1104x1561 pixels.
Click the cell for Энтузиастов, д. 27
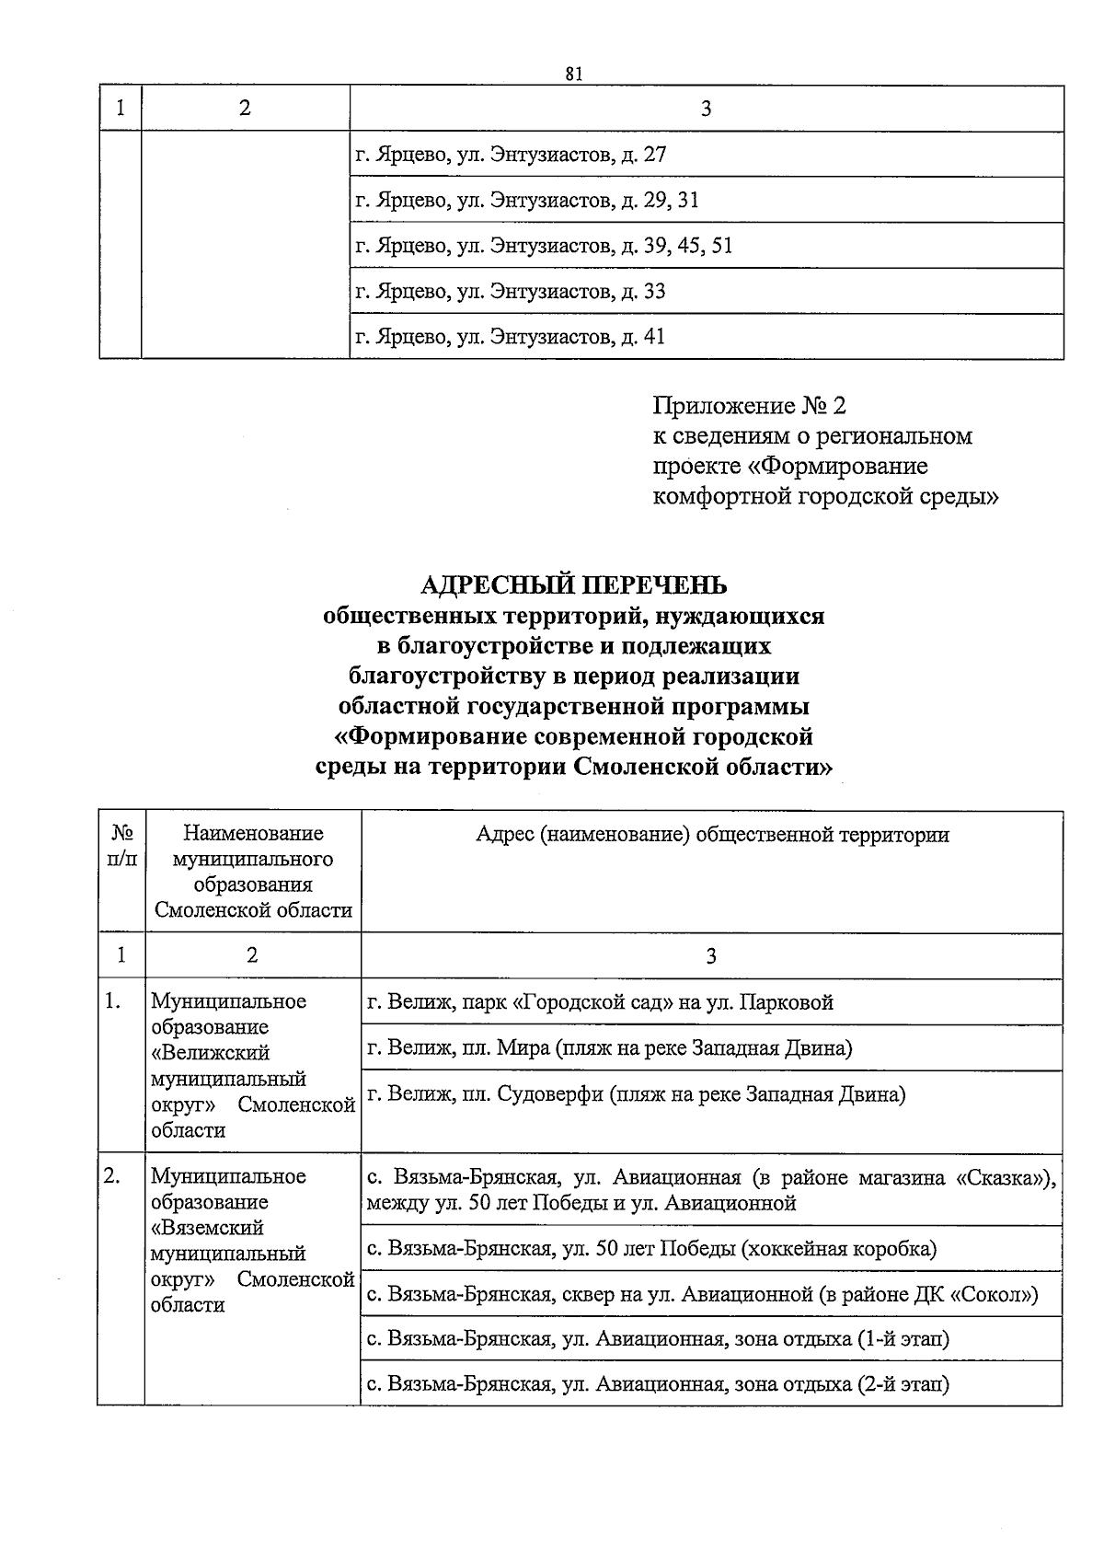tap(511, 155)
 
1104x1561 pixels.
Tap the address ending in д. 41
tap(511, 337)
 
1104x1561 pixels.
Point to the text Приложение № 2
tap(749, 405)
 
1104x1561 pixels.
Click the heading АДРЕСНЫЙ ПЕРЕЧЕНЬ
tap(574, 585)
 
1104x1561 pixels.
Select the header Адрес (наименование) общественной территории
tap(712, 835)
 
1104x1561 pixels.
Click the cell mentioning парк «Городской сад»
tap(600, 1001)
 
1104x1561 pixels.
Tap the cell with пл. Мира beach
tap(609, 1047)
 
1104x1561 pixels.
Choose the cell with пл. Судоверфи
tap(637, 1094)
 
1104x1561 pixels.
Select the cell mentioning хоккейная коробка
tap(651, 1249)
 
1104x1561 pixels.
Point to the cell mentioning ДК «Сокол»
tap(702, 1295)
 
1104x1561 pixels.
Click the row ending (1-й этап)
tap(658, 1338)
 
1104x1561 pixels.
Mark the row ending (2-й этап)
tap(658, 1383)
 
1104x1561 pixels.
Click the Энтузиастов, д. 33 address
tap(511, 292)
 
